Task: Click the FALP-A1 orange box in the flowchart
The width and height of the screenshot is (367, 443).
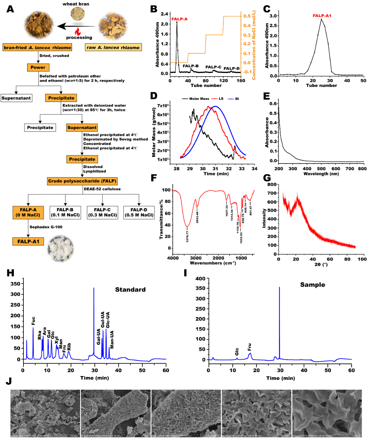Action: (28, 242)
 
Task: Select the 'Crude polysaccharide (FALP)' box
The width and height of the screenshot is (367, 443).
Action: (82, 181)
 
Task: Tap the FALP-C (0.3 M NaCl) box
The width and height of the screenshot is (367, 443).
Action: (102, 212)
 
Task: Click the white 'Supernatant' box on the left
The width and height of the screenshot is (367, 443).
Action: (16, 98)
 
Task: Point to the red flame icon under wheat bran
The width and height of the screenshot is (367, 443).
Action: (78, 32)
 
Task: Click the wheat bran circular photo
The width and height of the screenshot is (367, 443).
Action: (78, 14)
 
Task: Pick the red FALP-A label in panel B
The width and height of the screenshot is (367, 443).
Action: (179, 19)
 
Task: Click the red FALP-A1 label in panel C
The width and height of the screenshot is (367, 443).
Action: (322, 16)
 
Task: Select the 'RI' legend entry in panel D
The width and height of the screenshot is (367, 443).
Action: (237, 99)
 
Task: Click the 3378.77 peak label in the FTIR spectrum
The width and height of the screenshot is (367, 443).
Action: (188, 235)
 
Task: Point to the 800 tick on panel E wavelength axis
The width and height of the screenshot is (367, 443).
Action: (362, 169)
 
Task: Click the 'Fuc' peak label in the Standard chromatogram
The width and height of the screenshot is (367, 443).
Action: (33, 321)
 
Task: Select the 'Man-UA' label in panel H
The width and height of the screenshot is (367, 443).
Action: (112, 339)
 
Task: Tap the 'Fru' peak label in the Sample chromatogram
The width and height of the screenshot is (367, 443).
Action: (249, 347)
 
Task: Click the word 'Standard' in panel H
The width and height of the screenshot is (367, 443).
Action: (130, 290)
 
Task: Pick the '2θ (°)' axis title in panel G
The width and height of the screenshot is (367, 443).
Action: (321, 264)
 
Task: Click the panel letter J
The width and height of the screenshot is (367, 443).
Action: (8, 381)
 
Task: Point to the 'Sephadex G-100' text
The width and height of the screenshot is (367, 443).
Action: (46, 227)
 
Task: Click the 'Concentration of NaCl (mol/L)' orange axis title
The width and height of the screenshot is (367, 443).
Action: (254, 45)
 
